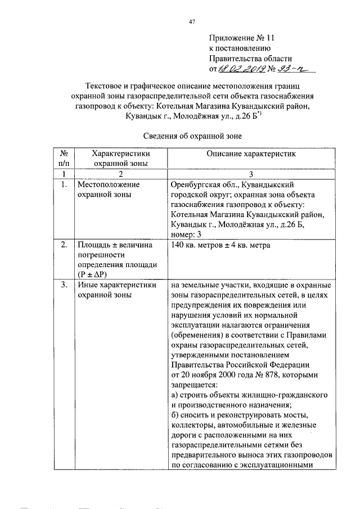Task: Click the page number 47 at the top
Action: (192, 22)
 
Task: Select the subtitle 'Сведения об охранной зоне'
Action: (192, 135)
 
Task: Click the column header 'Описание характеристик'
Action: (250, 153)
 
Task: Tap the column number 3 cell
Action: (251, 174)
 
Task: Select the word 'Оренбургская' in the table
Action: (194, 184)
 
